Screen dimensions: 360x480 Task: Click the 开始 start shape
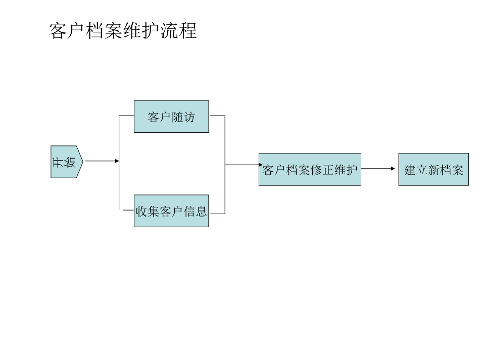coord(66,162)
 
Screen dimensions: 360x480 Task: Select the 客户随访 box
coord(171,117)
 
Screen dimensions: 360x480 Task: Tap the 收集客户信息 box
coord(171,211)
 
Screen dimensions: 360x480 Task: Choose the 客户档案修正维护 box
coord(310,170)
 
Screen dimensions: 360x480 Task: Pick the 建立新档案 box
coord(434,170)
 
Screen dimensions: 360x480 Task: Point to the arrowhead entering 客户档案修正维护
coord(256,165)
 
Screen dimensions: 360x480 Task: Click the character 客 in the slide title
coord(58,31)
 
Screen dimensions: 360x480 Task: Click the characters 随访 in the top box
coord(183,117)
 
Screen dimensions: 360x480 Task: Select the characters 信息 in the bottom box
coord(196,212)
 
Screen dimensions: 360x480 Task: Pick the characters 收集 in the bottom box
coord(147,212)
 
